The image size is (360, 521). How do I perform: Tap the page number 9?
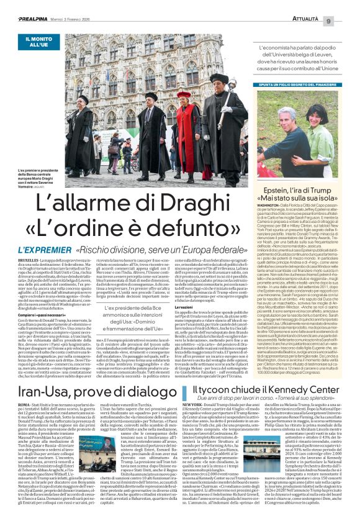coord(346,6)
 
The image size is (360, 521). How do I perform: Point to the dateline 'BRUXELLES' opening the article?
coord(29,260)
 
